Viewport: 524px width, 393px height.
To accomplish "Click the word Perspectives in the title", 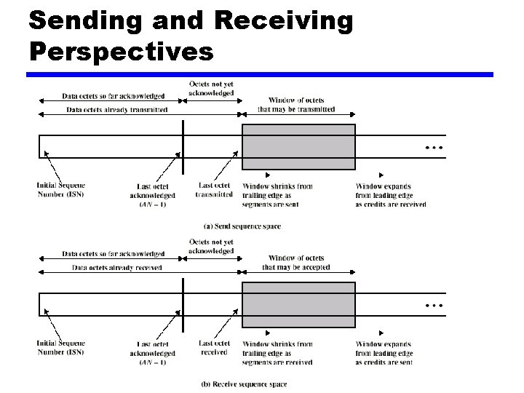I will point(122,52).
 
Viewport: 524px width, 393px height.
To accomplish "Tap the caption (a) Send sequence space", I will point(242,226).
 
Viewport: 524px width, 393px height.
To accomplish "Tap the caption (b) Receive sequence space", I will point(244,384).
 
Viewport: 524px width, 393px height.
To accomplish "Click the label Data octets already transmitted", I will point(116,110).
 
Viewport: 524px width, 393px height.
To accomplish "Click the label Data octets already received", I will point(116,268).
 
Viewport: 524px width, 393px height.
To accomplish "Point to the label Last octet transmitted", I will point(215,190).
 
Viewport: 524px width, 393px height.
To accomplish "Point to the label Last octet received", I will point(214,348).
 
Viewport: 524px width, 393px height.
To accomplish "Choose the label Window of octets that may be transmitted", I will point(296,105).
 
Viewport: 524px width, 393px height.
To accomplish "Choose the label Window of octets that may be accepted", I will point(296,263).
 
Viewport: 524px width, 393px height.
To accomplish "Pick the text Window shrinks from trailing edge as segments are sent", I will point(277,195).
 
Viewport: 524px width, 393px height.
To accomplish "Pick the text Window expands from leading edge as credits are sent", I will point(384,353).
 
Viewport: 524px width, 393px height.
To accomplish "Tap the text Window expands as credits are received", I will point(390,195).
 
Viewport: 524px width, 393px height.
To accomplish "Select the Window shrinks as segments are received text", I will point(277,353).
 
